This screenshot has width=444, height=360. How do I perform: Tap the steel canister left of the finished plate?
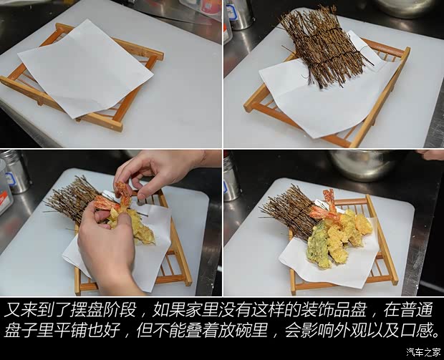[x=231, y=179]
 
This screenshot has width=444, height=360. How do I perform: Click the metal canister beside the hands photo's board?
[x=15, y=171]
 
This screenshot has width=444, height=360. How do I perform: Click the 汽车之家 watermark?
[x=423, y=351]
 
